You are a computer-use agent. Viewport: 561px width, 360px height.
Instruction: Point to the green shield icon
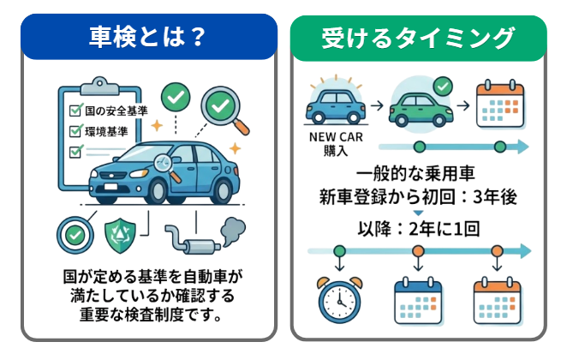(x=119, y=233)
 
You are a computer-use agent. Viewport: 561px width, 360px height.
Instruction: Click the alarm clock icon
(x=339, y=298)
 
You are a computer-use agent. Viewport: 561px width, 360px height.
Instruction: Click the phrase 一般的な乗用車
(x=417, y=171)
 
